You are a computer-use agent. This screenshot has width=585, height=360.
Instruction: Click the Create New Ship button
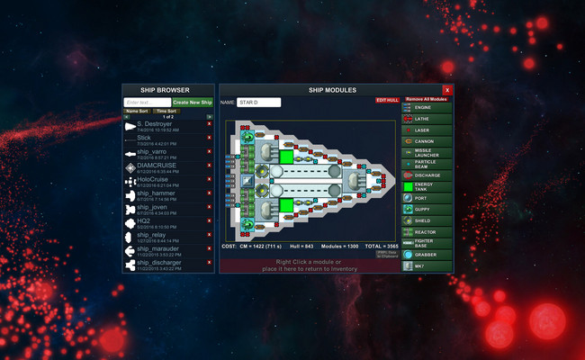click(x=192, y=103)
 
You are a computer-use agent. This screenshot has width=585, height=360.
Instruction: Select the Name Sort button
click(x=138, y=111)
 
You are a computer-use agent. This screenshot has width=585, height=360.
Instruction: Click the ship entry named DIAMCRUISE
click(x=157, y=165)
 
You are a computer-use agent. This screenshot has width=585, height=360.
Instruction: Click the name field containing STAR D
click(x=259, y=103)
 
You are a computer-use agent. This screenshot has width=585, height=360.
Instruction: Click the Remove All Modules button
click(x=426, y=99)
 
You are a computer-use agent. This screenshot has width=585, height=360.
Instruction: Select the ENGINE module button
click(x=427, y=108)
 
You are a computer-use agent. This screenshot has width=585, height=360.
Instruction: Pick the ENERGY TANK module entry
click(x=427, y=186)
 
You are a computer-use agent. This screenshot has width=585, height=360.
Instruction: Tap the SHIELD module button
click(x=427, y=220)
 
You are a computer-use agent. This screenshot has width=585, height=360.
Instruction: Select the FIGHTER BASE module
click(x=427, y=243)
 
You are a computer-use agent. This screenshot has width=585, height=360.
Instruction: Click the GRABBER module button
click(x=427, y=255)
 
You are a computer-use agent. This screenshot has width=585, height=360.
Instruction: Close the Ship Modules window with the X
click(x=447, y=90)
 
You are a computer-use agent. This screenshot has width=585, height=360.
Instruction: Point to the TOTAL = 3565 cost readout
click(x=378, y=246)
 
